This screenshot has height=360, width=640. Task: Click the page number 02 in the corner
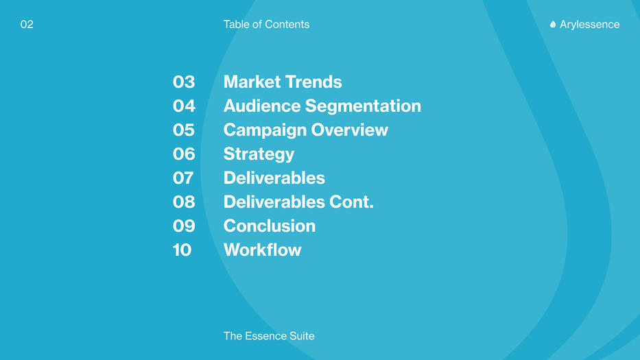[27, 25]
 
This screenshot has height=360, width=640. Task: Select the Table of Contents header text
[266, 25]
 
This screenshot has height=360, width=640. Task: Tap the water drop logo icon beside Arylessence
[553, 25]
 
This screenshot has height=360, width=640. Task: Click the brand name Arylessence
[589, 25]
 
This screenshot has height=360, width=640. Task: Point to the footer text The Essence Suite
[269, 336]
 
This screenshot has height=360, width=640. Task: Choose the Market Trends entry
[283, 82]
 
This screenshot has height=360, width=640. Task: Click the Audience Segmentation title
[322, 106]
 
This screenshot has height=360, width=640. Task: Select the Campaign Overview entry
[306, 130]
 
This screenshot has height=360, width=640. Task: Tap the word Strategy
[259, 154]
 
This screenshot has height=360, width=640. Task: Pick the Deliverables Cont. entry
[298, 202]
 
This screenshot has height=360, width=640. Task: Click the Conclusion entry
[270, 226]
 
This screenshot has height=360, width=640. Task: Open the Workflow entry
[263, 250]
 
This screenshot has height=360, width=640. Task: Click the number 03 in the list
[184, 82]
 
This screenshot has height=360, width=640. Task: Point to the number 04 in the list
[184, 106]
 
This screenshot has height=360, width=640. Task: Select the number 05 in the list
[184, 130]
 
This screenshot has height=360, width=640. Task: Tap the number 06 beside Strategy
[184, 154]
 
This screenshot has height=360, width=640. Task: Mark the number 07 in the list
[183, 178]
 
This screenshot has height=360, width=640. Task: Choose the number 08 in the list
[184, 202]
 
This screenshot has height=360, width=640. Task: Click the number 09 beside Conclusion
[184, 226]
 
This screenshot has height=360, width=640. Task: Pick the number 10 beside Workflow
[182, 250]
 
